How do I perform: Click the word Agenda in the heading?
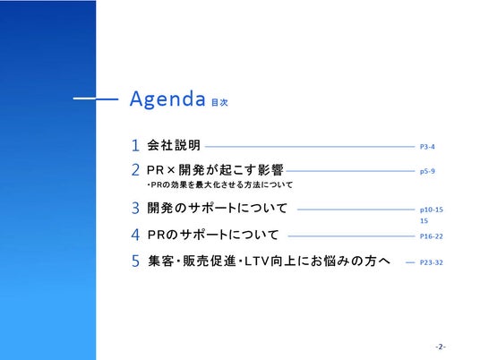click(x=167, y=99)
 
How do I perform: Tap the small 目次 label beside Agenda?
click(x=219, y=102)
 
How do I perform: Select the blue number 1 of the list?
click(x=135, y=145)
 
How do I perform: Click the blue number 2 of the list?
click(x=135, y=170)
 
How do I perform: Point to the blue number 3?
click(x=135, y=208)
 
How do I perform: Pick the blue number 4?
click(x=135, y=235)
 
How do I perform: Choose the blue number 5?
click(x=135, y=261)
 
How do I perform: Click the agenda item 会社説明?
click(x=174, y=145)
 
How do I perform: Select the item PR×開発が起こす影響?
click(x=215, y=170)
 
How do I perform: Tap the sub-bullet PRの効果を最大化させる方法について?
click(x=220, y=184)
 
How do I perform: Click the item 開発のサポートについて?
click(x=217, y=208)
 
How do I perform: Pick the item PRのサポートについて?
click(x=213, y=235)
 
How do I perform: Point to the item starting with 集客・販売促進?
click(x=270, y=261)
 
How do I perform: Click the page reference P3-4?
click(x=427, y=147)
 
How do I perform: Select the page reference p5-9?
click(x=427, y=171)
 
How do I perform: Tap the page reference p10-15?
click(x=432, y=210)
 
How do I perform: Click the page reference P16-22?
click(x=432, y=236)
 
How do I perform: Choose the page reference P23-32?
click(x=432, y=262)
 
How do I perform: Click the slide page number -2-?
click(x=441, y=347)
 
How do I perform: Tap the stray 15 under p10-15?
click(x=424, y=220)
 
